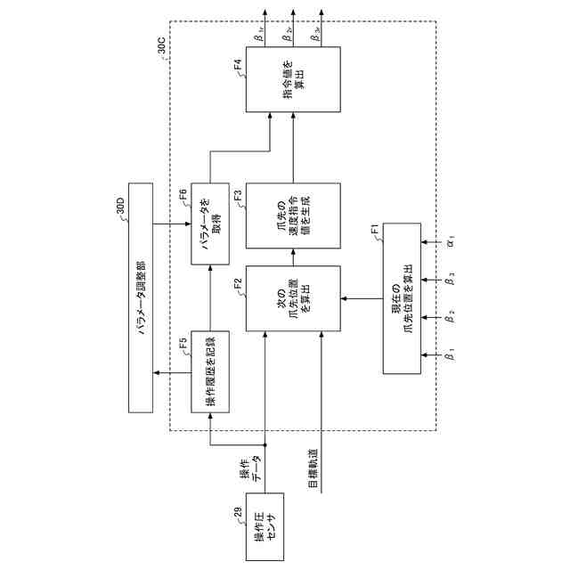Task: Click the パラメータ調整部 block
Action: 141,297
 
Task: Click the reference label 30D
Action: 119,209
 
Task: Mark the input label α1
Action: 452,240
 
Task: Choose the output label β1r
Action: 258,38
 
